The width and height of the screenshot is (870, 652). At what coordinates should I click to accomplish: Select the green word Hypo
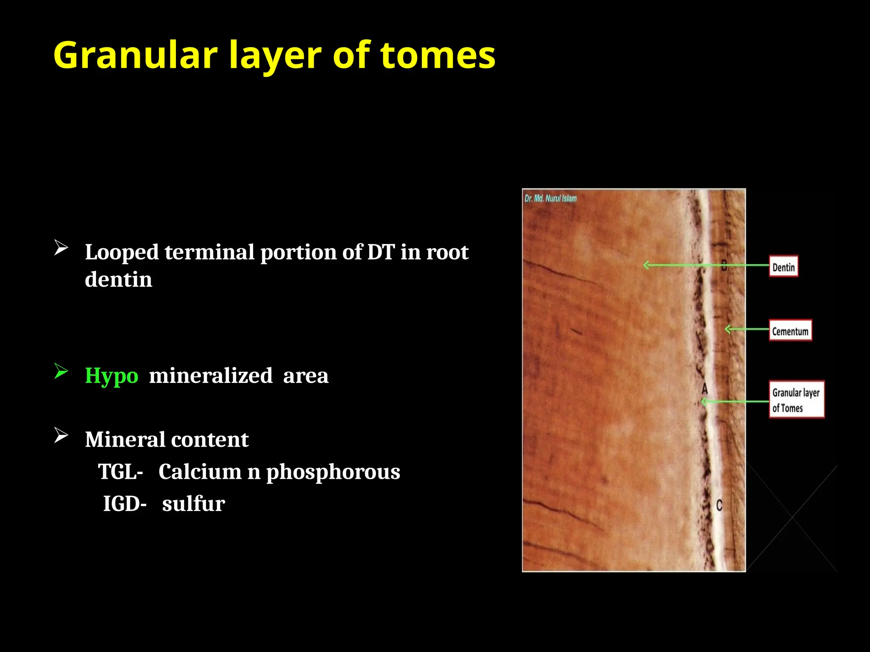coord(111,376)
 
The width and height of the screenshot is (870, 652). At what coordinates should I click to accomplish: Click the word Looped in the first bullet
coord(121,252)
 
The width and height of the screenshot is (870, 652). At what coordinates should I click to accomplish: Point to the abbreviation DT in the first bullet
coord(381,252)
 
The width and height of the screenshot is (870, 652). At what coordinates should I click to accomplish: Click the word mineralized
coord(211,376)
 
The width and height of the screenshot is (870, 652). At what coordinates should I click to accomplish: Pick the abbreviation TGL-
coord(121,472)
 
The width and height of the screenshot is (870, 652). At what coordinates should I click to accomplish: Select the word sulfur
coord(194,504)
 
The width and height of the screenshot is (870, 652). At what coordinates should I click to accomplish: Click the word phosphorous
coord(333,472)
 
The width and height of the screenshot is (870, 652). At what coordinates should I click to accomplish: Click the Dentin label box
coord(783,267)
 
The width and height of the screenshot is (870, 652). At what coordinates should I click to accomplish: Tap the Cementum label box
coord(790,331)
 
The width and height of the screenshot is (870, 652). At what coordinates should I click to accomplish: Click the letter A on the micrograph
coord(705,388)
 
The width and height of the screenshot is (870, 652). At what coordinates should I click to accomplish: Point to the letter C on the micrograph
coord(719,506)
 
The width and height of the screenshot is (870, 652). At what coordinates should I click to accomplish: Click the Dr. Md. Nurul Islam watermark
coord(551,198)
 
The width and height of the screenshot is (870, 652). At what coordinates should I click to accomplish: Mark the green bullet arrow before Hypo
coord(61,371)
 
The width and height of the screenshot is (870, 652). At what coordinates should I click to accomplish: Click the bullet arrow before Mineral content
coord(61,435)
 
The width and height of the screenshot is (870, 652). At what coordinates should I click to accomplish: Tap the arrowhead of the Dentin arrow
coord(646,265)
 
